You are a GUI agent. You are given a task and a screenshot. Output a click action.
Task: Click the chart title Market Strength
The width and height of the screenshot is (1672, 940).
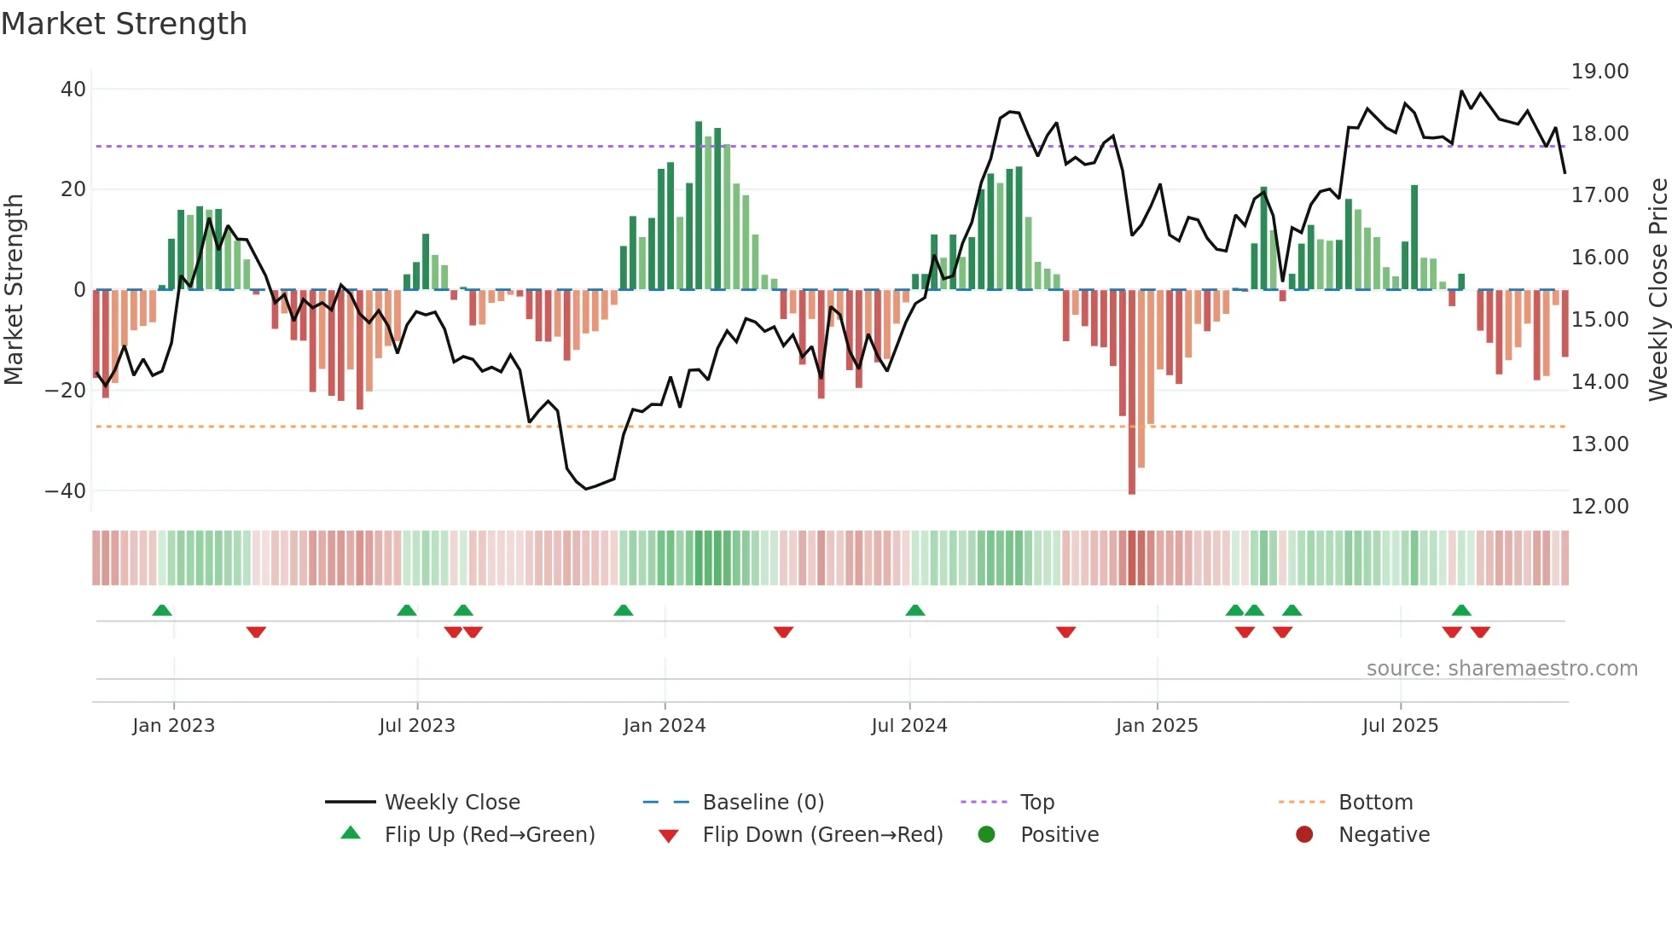click(124, 24)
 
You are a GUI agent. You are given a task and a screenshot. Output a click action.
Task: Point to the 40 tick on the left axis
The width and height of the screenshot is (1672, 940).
click(73, 90)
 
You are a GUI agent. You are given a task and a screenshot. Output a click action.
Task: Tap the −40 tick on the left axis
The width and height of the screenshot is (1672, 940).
click(66, 491)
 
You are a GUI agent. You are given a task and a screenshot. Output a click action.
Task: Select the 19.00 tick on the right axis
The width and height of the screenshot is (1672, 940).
click(1599, 72)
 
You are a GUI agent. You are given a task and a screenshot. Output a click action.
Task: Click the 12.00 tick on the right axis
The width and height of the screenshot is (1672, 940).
click(1599, 507)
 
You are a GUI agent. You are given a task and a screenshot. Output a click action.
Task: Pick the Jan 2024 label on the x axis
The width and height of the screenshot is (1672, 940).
click(665, 726)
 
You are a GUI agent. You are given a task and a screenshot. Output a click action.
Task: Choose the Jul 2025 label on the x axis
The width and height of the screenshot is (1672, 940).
click(1400, 726)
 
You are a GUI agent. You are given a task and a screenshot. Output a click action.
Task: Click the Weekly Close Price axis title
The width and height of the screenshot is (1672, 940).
click(1657, 290)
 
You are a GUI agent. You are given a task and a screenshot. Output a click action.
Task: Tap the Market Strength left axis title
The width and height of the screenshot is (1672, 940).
click(15, 290)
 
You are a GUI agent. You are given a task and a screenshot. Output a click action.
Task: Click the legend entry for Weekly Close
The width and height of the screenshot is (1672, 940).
click(451, 803)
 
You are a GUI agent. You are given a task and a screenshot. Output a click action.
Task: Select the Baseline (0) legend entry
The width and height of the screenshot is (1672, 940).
click(763, 803)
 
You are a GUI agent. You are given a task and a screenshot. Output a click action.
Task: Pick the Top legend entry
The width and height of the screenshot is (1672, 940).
click(1036, 803)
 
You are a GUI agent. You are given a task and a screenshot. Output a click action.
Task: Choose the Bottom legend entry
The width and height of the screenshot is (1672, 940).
click(1375, 803)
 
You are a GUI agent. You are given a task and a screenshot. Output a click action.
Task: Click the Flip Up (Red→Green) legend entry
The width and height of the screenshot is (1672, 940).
click(489, 835)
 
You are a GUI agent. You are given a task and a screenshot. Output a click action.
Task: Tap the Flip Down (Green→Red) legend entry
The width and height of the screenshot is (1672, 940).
click(822, 835)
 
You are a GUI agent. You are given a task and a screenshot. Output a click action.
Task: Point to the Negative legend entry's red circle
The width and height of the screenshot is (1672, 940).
click(1304, 835)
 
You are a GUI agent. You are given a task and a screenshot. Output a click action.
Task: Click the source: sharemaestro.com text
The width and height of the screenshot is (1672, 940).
click(1501, 669)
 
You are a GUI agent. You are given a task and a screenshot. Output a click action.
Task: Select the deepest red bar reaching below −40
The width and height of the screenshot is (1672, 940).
click(1132, 392)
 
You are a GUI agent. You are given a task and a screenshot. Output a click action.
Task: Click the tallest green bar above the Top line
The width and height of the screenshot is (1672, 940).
click(699, 205)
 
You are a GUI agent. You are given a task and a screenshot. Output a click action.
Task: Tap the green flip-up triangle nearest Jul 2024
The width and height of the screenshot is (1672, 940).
click(915, 610)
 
